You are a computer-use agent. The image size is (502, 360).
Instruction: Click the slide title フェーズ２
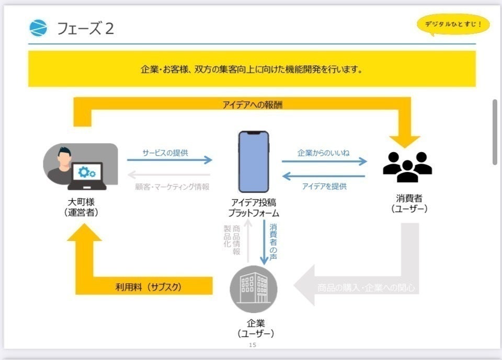(86, 28)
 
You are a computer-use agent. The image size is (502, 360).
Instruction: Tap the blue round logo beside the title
(38, 28)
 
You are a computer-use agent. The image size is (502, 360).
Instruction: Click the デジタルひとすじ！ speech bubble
(453, 24)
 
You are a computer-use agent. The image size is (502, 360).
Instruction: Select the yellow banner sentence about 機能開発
(252, 69)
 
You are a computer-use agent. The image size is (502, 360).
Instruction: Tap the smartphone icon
(254, 161)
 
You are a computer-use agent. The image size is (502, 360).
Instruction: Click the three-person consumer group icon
(407, 166)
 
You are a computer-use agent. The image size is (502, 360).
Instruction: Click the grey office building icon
(254, 289)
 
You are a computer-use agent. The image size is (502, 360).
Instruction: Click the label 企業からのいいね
(323, 153)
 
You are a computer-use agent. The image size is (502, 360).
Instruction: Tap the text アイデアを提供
(324, 186)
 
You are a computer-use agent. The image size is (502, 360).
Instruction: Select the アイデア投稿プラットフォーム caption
(254, 207)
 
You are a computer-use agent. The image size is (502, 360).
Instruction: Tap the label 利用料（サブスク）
(149, 287)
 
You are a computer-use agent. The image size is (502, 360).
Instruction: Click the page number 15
(253, 345)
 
